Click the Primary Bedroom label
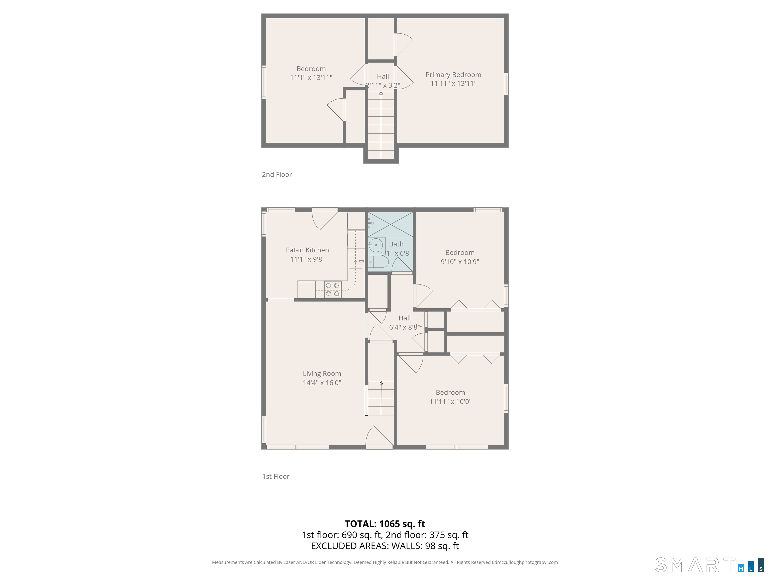tap(453, 75)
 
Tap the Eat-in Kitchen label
tap(307, 250)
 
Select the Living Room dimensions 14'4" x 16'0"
tap(322, 383)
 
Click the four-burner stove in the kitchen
tap(332, 290)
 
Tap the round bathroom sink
tap(376, 245)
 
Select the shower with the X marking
tap(391, 224)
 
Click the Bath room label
tap(396, 244)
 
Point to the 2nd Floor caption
tap(277, 175)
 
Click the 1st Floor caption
tap(276, 476)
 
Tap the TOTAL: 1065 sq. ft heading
tap(385, 524)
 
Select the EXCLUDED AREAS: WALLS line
tap(385, 546)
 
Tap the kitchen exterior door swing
tap(324, 220)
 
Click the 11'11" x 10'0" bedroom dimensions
tap(450, 401)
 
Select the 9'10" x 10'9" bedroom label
tap(460, 253)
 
